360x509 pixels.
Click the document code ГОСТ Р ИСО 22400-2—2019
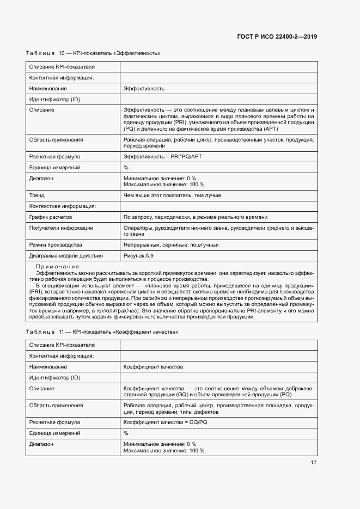[277, 36]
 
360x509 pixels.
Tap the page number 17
[314, 463]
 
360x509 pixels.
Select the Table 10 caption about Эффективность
[93, 53]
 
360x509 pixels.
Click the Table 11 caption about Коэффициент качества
[102, 332]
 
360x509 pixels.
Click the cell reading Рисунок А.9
[138, 255]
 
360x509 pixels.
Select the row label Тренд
[37, 195]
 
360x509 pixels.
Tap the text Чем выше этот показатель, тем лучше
[172, 195]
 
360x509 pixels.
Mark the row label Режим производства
[56, 244]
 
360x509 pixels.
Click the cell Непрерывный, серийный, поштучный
[171, 244]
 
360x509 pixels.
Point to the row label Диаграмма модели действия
[66, 255]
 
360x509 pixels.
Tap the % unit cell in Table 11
[126, 433]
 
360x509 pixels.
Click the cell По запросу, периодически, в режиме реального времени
[196, 217]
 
